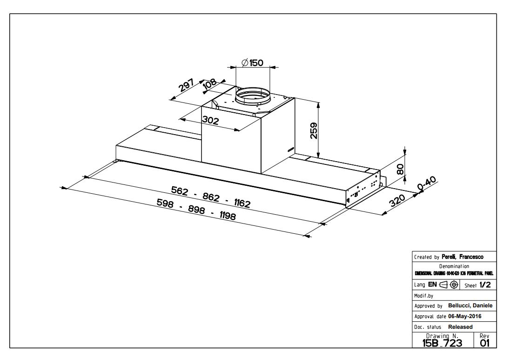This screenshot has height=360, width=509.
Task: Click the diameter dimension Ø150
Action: click(253, 63)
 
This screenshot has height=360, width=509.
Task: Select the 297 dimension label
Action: click(187, 86)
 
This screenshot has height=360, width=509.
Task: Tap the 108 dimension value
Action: click(210, 84)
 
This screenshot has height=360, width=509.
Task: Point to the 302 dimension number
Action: click(210, 120)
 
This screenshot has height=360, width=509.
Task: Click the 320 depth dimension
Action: click(396, 201)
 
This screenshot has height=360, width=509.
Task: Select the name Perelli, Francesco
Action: click(459, 257)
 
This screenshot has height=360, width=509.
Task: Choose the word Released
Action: click(460, 327)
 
